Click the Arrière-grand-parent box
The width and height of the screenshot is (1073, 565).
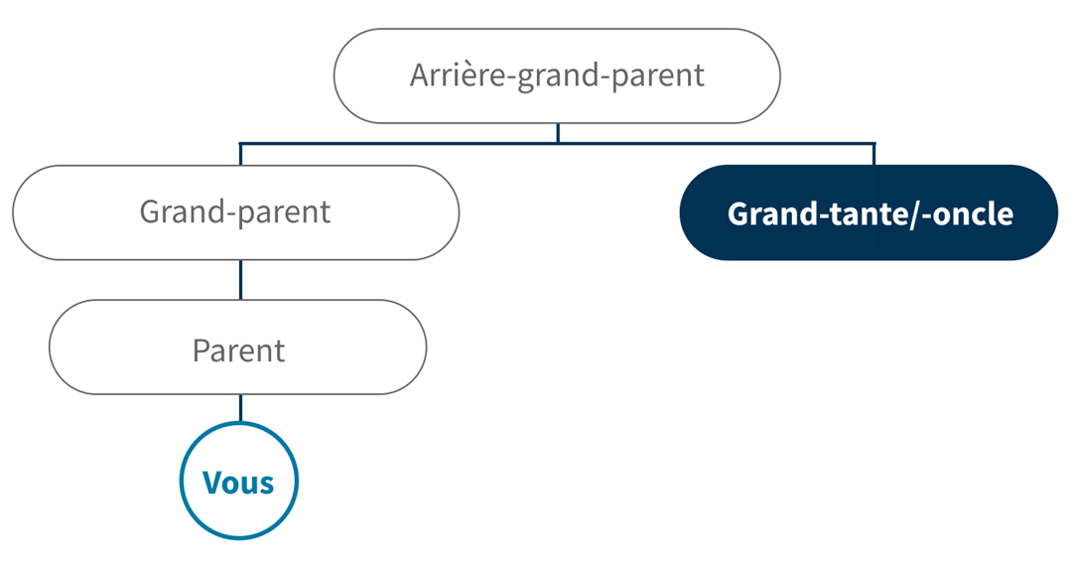tap(557, 76)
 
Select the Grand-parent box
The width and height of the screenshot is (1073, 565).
tap(236, 212)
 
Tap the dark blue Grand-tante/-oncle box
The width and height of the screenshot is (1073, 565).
tap(869, 212)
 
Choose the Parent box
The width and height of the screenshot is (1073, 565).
tap(238, 348)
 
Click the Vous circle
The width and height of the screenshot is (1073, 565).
tap(239, 480)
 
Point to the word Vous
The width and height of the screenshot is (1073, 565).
tap(238, 483)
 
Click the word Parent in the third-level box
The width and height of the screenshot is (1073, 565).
tap(238, 351)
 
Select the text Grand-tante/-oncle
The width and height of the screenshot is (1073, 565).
tap(871, 214)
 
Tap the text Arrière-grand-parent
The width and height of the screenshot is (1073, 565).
tap(557, 76)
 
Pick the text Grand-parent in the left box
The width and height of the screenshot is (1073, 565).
tap(235, 212)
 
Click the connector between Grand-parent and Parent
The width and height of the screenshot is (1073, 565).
tap(240, 279)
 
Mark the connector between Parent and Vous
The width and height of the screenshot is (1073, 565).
tap(240, 408)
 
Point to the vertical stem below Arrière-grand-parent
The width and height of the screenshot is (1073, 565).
tap(558, 133)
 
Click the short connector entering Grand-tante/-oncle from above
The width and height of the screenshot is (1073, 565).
tap(873, 154)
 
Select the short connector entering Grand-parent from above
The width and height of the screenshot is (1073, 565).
tap(240, 154)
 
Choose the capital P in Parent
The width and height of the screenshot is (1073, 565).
tap(201, 351)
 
